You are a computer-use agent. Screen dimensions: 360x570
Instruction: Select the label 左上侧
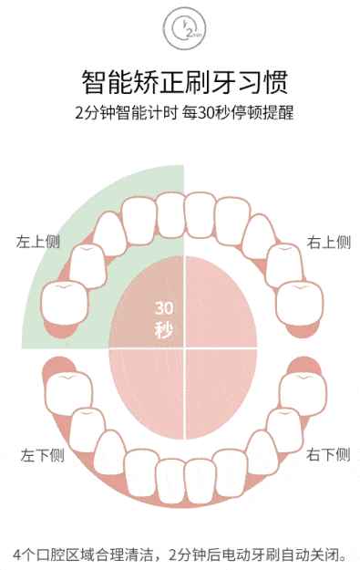(37, 243)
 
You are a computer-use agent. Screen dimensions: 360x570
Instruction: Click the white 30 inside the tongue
(164, 307)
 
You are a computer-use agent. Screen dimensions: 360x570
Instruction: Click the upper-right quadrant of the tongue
(219, 301)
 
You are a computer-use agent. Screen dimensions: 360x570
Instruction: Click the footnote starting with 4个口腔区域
(180, 554)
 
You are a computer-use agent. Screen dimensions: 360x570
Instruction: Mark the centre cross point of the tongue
(185, 347)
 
